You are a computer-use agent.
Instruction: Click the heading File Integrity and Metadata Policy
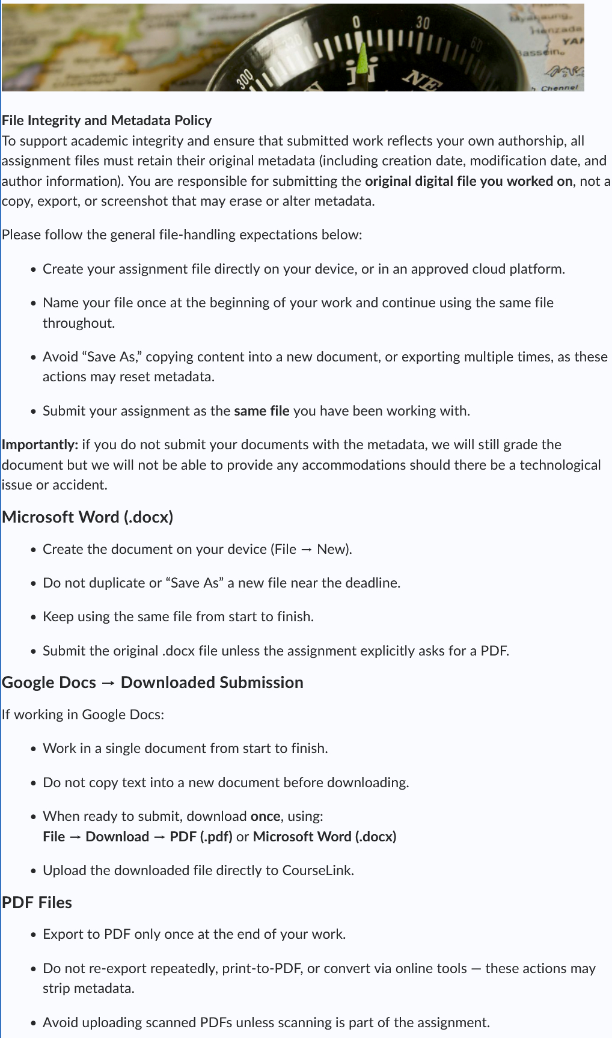click(106, 120)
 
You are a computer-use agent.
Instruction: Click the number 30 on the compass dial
click(423, 23)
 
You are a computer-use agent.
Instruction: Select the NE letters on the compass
click(423, 81)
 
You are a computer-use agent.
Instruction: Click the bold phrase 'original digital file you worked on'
click(468, 181)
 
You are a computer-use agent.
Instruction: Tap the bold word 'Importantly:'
click(40, 444)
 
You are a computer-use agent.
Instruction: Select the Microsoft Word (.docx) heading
click(87, 517)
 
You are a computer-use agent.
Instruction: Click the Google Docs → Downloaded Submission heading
click(152, 683)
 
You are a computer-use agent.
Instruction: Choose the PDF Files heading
click(37, 903)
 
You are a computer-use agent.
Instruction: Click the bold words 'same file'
click(262, 411)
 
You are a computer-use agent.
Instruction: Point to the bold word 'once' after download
click(265, 816)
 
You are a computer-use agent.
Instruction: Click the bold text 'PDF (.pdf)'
click(201, 837)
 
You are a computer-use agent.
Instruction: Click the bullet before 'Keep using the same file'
click(34, 618)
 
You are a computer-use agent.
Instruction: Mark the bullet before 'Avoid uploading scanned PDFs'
click(34, 1024)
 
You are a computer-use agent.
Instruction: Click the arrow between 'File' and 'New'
click(307, 550)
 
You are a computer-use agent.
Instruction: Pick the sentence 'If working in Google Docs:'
click(83, 714)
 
